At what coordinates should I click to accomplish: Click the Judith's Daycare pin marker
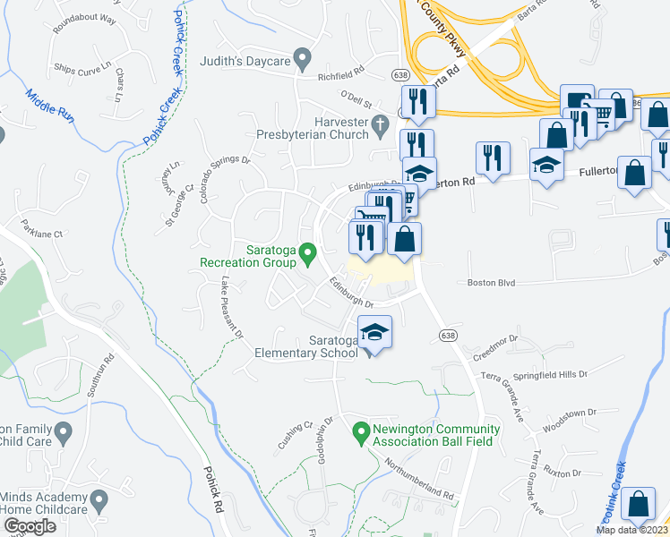[303, 61]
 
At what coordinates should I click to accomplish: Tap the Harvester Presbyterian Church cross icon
[380, 123]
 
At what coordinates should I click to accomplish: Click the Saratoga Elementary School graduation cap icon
[374, 334]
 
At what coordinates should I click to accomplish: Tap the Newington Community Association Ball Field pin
[361, 432]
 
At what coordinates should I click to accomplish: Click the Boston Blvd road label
[492, 283]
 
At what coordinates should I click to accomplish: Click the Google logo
[30, 526]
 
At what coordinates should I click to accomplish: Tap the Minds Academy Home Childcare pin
[99, 499]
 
